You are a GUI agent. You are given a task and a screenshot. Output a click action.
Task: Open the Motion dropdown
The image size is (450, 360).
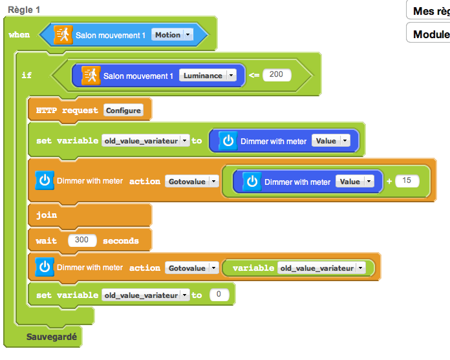tap(172, 35)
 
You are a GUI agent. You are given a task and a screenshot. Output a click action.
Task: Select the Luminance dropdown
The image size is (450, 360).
tap(208, 76)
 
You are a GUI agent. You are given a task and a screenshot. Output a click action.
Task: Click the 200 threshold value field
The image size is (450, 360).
tap(276, 75)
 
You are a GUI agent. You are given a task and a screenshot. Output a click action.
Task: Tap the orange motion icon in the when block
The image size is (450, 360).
tap(63, 34)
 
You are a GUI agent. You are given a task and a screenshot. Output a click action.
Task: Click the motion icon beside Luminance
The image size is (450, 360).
tap(91, 75)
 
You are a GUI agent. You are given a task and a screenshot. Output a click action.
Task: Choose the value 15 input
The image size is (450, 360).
tap(407, 181)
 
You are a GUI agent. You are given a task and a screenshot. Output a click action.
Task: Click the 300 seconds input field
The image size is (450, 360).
tap(82, 240)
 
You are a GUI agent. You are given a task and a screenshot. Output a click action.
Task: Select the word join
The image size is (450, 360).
tap(47, 215)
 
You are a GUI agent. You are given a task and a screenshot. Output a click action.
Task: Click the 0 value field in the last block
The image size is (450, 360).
tap(219, 295)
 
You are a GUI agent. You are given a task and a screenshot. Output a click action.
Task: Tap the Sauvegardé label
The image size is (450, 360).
tap(51, 337)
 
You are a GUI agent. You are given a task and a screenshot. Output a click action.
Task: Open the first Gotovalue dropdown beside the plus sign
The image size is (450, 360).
tap(191, 182)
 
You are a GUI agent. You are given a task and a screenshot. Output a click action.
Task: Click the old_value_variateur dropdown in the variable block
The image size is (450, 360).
tap(321, 268)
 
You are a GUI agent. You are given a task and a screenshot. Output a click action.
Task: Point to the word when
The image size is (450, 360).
tap(19, 35)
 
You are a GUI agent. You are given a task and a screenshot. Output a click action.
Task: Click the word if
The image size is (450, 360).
tap(27, 76)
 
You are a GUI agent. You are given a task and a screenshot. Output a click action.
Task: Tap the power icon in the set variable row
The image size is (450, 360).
tap(228, 141)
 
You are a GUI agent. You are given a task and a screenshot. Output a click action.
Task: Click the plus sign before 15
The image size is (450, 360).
tap(389, 182)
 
